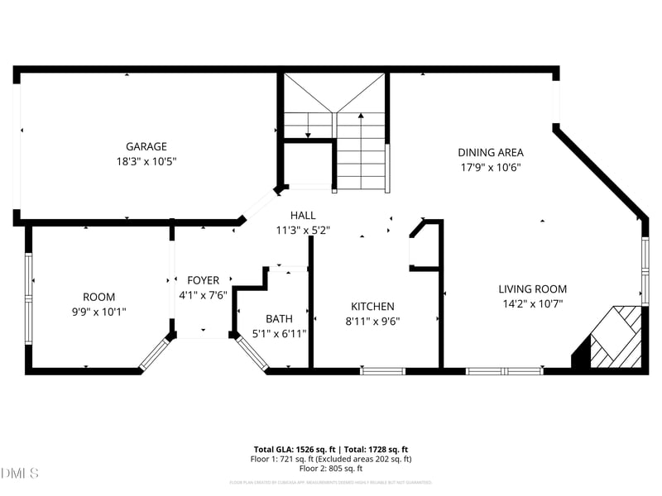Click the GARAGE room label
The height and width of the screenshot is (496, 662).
tap(146, 146)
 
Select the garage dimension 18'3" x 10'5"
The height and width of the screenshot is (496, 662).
tap(146, 161)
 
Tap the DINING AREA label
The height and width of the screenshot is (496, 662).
tap(491, 152)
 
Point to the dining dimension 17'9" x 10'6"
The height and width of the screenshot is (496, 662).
tap(491, 167)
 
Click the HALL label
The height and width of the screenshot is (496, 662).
tap(302, 216)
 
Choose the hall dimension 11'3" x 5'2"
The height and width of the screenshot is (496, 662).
tap(302, 231)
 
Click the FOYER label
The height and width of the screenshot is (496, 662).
tap(203, 280)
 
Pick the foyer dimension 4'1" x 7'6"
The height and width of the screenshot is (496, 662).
tap(203, 295)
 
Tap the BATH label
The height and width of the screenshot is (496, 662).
tap(279, 318)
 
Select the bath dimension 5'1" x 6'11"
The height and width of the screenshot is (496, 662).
tap(279, 333)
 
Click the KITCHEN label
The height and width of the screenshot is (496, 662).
tap(372, 306)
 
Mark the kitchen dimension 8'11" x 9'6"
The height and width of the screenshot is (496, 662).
tap(372, 322)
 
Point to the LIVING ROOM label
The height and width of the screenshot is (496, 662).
tap(532, 289)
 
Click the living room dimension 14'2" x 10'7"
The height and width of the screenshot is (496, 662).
tap(532, 304)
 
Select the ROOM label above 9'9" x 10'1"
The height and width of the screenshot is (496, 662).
tap(98, 297)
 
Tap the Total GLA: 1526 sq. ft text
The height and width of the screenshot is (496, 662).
tap(292, 449)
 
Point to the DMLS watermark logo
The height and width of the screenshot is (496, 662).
tap(20, 474)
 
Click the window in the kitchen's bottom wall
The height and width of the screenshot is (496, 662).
tap(382, 371)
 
